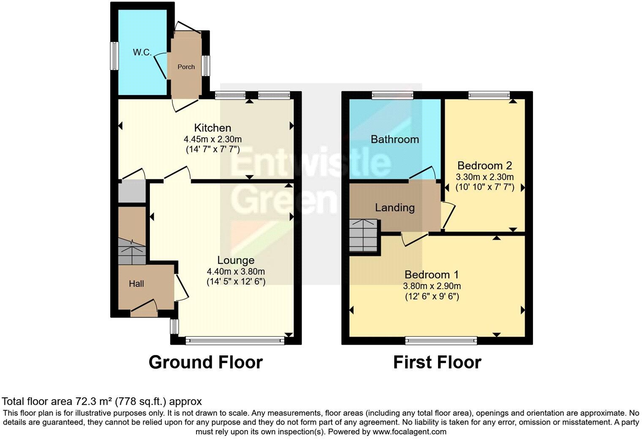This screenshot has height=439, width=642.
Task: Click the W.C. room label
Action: [142, 52]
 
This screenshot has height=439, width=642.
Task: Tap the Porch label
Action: [186, 67]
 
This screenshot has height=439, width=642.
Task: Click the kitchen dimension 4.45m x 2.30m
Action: [212, 139]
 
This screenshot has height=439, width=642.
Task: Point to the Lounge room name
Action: [236, 260]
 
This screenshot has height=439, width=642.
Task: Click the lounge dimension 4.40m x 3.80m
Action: [236, 271]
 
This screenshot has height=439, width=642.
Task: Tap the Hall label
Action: [136, 284]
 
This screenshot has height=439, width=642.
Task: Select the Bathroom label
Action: [394, 139]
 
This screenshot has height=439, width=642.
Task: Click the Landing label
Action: [394, 208]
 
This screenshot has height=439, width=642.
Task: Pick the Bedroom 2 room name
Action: [484, 165]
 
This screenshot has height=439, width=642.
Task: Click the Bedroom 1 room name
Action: [431, 274]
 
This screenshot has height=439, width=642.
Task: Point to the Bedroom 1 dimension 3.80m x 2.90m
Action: [431, 286]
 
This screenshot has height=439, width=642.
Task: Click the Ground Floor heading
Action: [205, 362]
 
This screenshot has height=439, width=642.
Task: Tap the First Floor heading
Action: [437, 362]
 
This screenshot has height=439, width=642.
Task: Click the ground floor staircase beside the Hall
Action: [132, 251]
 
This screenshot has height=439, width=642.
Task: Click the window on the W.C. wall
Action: [114, 56]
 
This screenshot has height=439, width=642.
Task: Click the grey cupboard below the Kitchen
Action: [131, 191]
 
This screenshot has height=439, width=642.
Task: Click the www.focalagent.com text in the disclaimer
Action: [409, 432]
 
